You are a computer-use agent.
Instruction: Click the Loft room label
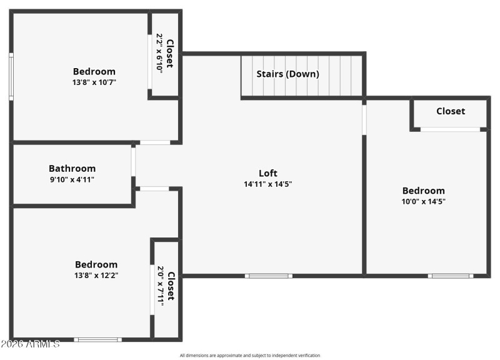(x=268, y=173)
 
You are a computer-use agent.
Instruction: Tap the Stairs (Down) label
(x=287, y=74)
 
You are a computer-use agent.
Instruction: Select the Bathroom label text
(x=72, y=168)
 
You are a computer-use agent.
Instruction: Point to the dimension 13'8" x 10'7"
(x=94, y=82)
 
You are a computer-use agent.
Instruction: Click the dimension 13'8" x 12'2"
(x=96, y=275)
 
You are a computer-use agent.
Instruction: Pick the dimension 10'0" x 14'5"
(x=423, y=201)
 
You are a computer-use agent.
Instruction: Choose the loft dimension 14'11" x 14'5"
(x=268, y=184)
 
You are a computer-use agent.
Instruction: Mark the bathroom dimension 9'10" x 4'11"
(x=72, y=179)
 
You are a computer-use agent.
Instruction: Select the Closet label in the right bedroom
(x=450, y=111)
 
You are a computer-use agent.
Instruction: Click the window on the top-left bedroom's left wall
(x=11, y=76)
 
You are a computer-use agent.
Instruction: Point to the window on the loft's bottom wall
(x=268, y=276)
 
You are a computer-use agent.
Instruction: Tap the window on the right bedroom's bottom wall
(x=450, y=276)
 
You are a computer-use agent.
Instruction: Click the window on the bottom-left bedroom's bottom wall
(x=97, y=339)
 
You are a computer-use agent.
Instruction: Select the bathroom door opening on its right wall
(x=133, y=161)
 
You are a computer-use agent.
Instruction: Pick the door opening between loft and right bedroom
(x=364, y=119)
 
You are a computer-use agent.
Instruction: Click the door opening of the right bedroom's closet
(x=450, y=129)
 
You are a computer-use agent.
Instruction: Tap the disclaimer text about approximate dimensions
(x=249, y=355)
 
